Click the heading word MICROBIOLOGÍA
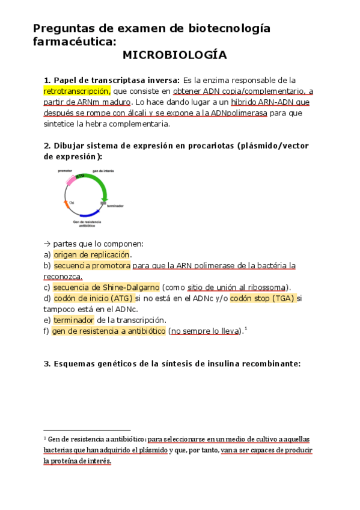click(174, 55)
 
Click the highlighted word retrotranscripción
click(76, 91)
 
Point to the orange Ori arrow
click(66, 205)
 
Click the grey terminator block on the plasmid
click(103, 204)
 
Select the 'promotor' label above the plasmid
click(65, 171)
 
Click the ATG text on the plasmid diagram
click(80, 176)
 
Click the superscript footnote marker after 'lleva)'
click(246, 328)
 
